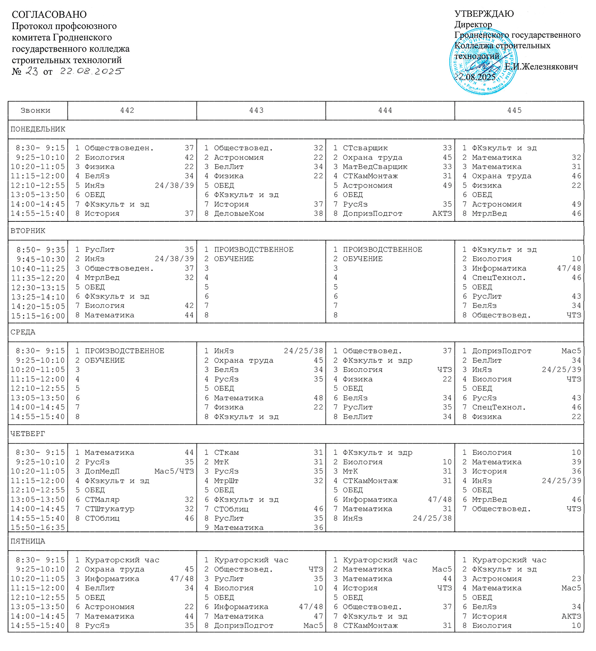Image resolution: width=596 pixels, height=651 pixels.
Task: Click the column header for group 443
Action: coord(256,110)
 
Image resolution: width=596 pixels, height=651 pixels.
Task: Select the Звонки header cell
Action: coord(36,110)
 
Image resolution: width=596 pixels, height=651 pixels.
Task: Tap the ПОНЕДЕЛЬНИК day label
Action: coord(38,129)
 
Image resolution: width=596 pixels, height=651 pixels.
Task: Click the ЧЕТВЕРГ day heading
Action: coord(28,434)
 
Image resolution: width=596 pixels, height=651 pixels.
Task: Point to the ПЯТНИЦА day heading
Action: coord(28,541)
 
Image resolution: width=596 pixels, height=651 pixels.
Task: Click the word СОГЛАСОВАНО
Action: coord(49,15)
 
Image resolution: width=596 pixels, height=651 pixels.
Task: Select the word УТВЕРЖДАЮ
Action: coord(484,14)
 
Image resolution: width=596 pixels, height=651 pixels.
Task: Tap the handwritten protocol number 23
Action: coord(32,71)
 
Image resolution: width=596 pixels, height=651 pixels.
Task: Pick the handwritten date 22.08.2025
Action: coord(92,71)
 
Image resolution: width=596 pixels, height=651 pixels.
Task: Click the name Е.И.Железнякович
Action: coord(541,67)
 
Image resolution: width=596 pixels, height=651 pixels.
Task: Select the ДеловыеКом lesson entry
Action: coord(239,213)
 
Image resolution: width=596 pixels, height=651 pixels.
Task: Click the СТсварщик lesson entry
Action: coord(365,148)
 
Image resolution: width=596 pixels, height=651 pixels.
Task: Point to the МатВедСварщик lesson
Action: coord(375,167)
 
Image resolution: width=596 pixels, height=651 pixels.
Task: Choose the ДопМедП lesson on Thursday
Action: coord(102,471)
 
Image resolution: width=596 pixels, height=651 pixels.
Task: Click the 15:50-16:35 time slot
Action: coord(38,527)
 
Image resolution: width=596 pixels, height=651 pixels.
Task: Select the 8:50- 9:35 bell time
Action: coord(40,250)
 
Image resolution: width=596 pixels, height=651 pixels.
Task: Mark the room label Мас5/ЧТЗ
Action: coord(174,471)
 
